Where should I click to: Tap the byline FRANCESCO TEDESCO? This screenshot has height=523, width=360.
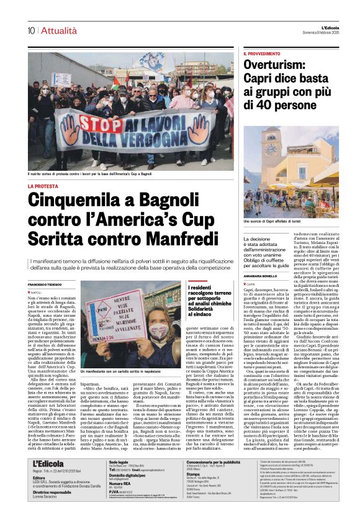(x=45, y=284)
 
